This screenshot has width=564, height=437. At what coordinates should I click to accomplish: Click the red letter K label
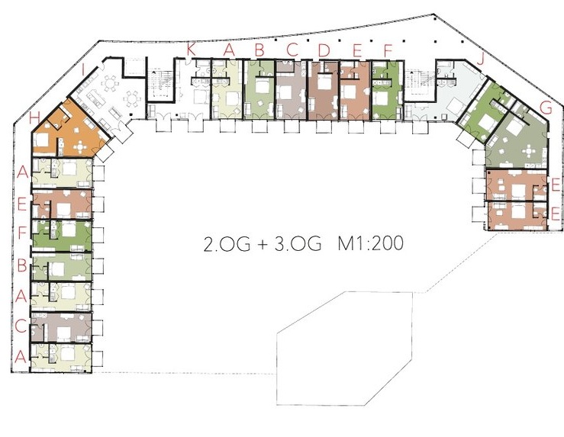click(191, 50)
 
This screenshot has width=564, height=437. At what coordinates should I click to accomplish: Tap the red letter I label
click(83, 69)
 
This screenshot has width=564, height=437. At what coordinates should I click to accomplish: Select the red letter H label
click(34, 117)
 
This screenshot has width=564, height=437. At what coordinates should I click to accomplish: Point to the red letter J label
click(481, 59)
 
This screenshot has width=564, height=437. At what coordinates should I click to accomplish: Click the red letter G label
click(546, 107)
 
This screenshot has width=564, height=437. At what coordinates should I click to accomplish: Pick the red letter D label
click(324, 50)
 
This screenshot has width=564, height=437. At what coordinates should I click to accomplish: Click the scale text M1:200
click(370, 243)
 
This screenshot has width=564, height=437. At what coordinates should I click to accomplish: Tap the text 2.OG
click(227, 244)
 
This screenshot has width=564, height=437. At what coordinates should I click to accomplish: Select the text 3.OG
click(298, 243)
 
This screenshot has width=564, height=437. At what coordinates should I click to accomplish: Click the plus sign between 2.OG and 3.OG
click(263, 244)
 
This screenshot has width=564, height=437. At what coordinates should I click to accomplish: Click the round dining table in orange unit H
click(79, 146)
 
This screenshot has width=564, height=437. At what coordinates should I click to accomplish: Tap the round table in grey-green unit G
click(529, 150)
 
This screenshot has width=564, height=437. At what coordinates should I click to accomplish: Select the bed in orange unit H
click(41, 140)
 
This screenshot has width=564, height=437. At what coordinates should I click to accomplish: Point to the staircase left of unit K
click(162, 83)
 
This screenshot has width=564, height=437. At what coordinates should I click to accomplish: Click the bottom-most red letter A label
click(21, 357)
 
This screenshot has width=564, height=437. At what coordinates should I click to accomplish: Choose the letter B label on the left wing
click(22, 266)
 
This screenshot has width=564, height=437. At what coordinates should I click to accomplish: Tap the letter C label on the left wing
click(21, 326)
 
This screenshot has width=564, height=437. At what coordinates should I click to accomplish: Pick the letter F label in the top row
click(388, 50)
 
